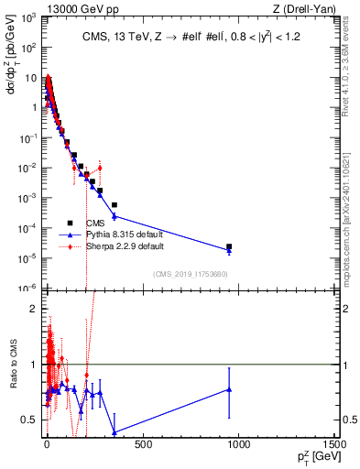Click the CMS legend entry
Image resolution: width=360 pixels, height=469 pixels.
pos(94,223)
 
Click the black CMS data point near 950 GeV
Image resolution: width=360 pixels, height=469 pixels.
pos(229,246)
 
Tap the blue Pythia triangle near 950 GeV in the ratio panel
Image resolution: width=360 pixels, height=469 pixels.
pos(229,389)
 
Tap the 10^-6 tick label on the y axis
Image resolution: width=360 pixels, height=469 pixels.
pos(27,288)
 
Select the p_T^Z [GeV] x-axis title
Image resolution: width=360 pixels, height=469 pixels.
pos(313,459)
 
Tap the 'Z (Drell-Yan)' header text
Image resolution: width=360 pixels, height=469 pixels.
pos(308,7)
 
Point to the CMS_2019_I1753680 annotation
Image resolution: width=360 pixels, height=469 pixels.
pos(190,274)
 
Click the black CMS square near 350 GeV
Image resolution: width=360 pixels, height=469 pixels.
pos(115,205)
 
